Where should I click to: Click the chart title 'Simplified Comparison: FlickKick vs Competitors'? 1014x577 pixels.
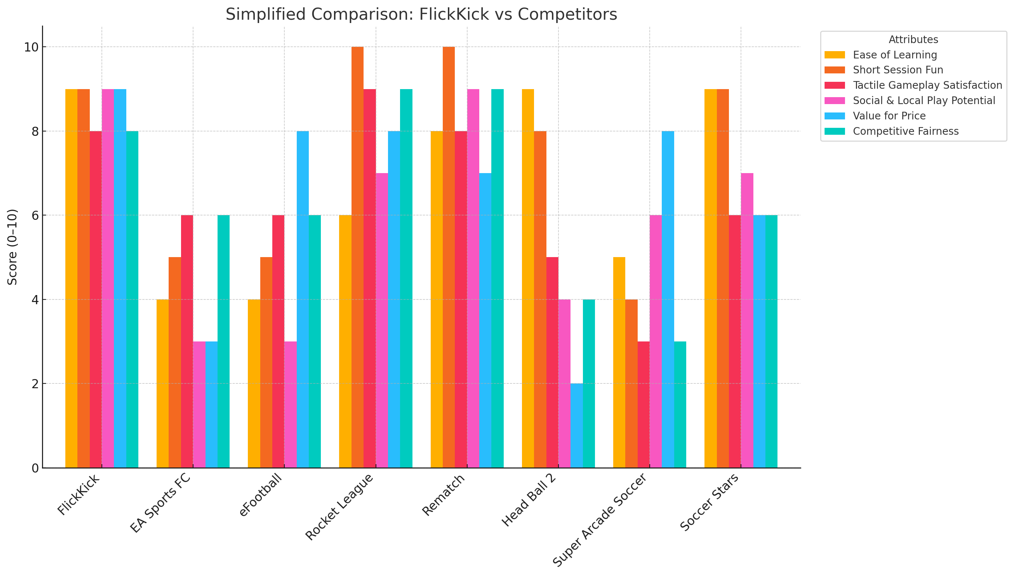coord(421,15)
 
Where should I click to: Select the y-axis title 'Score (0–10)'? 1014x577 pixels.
coord(12,247)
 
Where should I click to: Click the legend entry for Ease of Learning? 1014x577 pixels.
coord(895,55)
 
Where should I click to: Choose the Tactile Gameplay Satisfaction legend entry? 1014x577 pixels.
coord(927,85)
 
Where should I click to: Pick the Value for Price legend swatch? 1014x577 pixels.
coord(834,116)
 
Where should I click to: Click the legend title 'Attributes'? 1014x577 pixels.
coord(913,40)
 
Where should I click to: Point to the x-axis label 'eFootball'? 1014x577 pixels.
coord(261,495)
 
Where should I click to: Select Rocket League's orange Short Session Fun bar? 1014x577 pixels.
coord(357,257)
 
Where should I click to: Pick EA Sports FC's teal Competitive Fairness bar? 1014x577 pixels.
coord(223,341)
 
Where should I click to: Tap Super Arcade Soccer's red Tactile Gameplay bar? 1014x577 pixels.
coord(644,404)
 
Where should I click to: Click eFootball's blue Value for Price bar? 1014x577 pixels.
coord(303,299)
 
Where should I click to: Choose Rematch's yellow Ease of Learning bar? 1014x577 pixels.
coord(437,299)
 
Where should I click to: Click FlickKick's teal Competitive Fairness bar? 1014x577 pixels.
coord(132,299)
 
